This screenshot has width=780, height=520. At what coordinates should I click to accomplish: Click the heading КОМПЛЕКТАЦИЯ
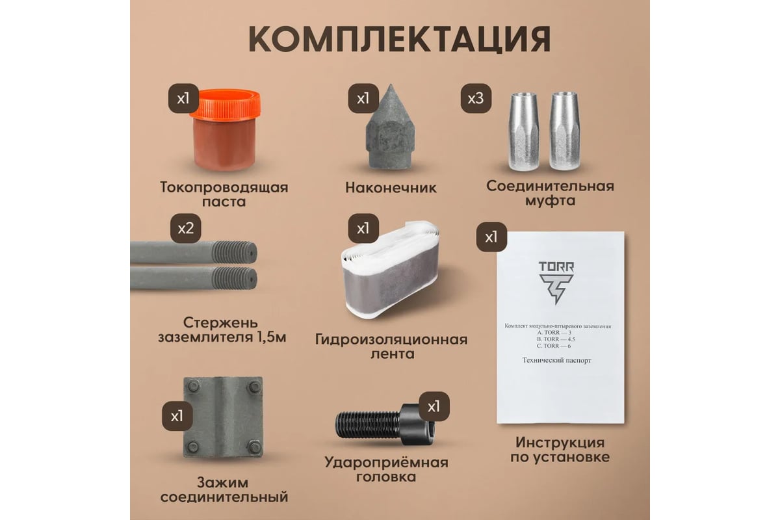tap(400, 39)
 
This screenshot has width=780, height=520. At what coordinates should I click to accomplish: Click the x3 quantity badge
tap(476, 98)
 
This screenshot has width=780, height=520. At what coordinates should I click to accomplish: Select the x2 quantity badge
tap(186, 229)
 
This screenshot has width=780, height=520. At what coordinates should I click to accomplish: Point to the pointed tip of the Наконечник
tap(391, 84)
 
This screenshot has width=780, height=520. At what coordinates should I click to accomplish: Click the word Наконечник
tap(391, 188)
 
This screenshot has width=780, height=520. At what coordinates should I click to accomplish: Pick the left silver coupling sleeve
tap(524, 131)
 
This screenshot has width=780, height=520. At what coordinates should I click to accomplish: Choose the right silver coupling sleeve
tap(564, 131)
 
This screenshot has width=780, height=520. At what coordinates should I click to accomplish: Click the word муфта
tap(550, 201)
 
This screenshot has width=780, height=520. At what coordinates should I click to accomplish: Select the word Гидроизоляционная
tap(391, 339)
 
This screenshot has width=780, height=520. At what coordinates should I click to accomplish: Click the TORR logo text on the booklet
tap(556, 266)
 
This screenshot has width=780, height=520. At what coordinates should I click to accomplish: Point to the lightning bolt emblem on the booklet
tap(556, 289)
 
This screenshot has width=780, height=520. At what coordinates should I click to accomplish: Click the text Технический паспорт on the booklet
tap(556, 361)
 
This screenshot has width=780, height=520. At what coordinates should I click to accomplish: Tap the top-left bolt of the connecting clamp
tap(193, 386)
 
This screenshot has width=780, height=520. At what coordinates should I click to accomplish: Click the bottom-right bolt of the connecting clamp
tap(254, 447)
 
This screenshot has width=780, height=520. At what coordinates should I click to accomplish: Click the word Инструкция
tap(560, 443)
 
